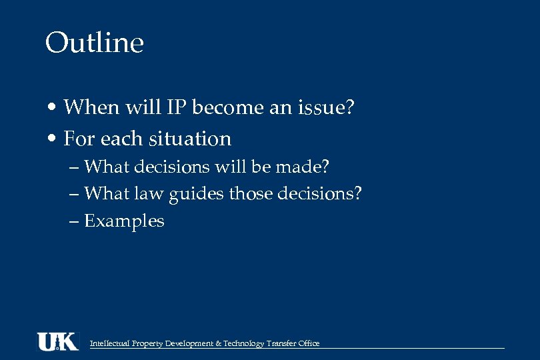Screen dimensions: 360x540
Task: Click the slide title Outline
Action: (95, 43)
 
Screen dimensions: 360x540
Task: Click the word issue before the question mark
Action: (323, 107)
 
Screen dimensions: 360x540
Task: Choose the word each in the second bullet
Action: (124, 139)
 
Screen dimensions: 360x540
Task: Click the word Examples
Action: (124, 221)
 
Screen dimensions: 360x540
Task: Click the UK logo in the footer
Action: (57, 341)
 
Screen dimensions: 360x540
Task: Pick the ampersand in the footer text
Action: (219, 343)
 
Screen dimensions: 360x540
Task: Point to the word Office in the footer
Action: (308, 343)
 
